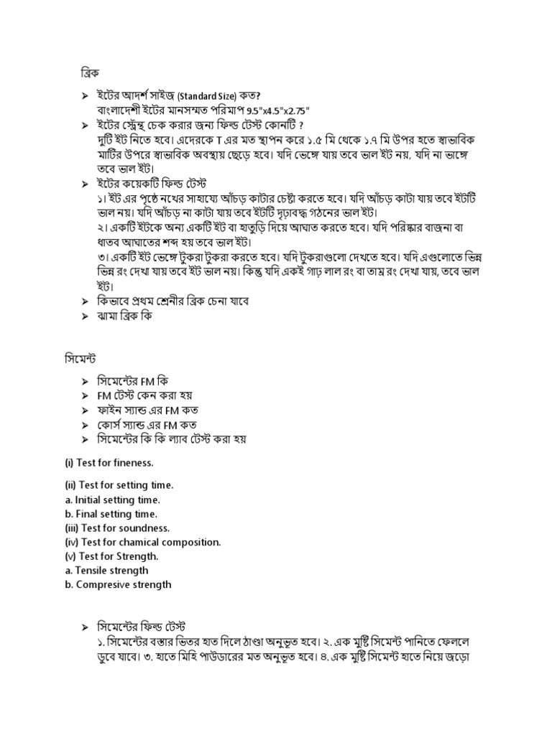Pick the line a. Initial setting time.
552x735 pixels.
[112, 500]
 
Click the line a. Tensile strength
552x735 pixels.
[106, 571]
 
